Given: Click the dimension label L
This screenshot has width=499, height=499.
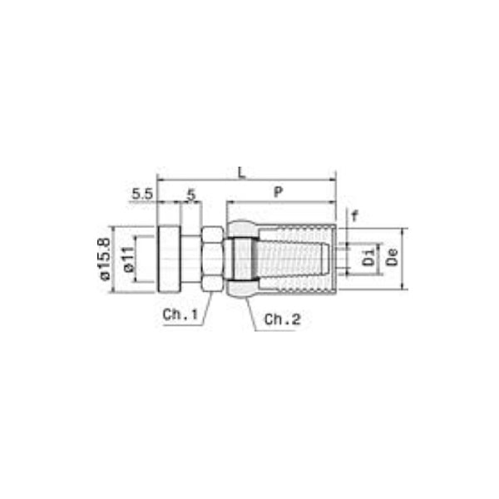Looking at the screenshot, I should coord(241,172).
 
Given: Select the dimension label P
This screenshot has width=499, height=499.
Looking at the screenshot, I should coord(279,192).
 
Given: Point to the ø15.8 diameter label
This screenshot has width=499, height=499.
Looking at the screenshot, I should coord(104,259).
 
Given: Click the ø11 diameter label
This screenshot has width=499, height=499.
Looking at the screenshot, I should coord(128,260).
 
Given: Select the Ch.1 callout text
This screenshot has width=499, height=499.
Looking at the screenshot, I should coord(180,314).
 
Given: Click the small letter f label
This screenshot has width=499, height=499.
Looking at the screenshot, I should coord(353,215).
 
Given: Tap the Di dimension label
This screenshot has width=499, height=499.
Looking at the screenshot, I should coord(368,259).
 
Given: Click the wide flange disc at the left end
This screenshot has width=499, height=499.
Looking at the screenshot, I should coord(169,259).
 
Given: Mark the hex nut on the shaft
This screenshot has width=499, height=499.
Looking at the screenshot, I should coord(212,259).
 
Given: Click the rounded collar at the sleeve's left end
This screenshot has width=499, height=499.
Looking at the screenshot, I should coord(240,259).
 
